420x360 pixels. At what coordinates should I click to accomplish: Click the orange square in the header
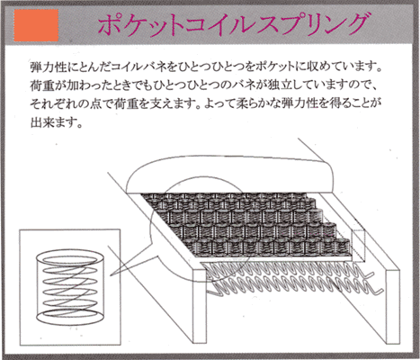(x=36, y=25)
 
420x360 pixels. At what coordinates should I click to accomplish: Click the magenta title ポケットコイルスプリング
(x=233, y=24)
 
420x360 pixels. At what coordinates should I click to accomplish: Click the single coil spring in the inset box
(x=70, y=286)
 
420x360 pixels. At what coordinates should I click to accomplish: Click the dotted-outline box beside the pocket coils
(x=359, y=245)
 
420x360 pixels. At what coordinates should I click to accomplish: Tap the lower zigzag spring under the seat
(x=297, y=287)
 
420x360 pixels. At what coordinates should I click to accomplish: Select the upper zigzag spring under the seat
(x=288, y=270)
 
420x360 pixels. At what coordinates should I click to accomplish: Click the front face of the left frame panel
(x=200, y=306)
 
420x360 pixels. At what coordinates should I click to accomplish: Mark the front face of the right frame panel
(x=393, y=306)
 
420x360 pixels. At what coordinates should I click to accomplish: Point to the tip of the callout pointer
(x=111, y=276)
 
